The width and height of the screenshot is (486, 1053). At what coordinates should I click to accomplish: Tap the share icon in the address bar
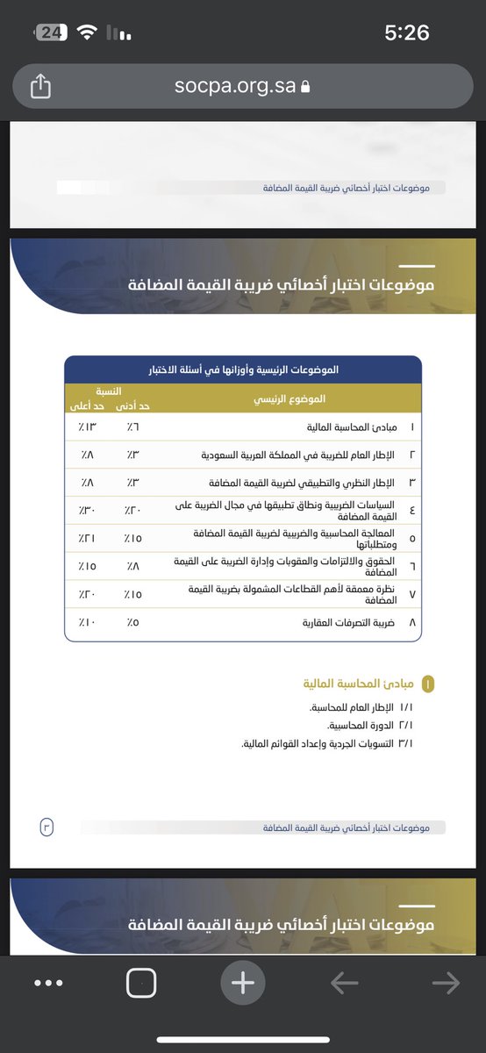point(41,86)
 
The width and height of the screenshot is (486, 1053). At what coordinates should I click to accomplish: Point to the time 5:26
point(407,32)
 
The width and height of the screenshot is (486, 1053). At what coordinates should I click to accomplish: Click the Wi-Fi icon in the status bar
point(86,32)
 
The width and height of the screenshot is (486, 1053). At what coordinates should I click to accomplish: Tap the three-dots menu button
point(48,984)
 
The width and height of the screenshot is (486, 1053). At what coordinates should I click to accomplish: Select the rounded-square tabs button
point(141,984)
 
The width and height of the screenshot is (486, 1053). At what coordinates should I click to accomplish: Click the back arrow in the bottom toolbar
point(344,984)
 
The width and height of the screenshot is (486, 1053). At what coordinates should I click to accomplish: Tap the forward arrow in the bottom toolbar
point(446,984)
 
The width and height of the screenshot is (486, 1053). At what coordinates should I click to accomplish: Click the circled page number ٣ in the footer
point(46,827)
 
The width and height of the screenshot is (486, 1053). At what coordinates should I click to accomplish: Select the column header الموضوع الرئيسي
point(289,399)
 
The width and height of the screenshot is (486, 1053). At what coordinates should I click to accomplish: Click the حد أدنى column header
point(132,406)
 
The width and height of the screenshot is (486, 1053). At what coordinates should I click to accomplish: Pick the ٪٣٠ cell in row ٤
point(87,510)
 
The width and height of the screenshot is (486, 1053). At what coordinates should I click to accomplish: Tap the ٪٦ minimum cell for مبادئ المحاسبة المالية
point(132,427)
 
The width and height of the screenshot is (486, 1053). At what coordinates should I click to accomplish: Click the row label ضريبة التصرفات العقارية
point(342,622)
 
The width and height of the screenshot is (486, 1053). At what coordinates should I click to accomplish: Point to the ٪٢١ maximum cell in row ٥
point(87,538)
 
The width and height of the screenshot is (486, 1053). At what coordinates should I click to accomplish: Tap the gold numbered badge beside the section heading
point(428,684)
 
